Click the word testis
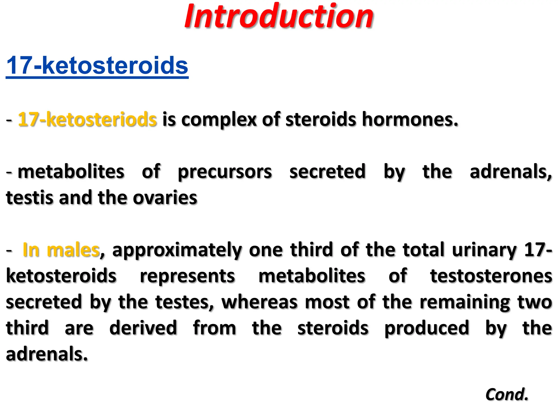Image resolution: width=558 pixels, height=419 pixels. click(29, 197)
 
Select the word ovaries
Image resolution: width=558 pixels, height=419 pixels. click(165, 197)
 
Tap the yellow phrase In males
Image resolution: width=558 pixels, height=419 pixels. click(61, 250)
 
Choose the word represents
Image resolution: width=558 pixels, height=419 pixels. click(187, 276)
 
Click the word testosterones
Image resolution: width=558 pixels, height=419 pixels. click(491, 276)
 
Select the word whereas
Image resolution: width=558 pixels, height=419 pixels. click(259, 302)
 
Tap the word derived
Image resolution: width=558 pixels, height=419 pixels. click(143, 328)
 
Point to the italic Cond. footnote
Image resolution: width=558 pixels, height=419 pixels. click(507, 394)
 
